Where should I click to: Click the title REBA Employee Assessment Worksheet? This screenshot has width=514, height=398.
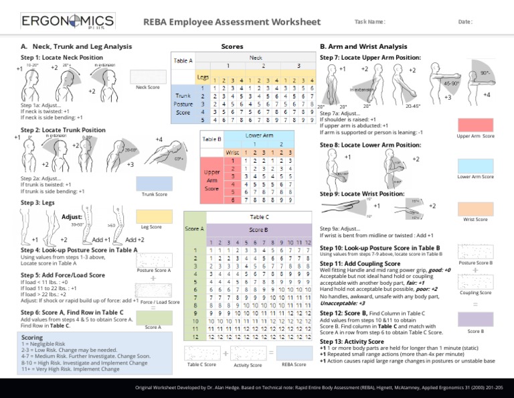point(232,22)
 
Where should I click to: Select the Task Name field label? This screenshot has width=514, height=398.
point(369,22)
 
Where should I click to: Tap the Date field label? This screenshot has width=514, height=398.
point(465,22)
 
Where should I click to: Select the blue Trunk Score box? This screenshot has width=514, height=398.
point(153,182)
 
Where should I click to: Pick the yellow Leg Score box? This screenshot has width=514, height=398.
point(151,216)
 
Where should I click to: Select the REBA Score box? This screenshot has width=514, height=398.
point(293,352)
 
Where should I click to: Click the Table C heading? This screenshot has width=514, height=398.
point(259,217)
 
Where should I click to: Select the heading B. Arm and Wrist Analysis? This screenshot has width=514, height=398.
point(363,47)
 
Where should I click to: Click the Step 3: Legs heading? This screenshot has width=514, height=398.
point(38,202)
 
